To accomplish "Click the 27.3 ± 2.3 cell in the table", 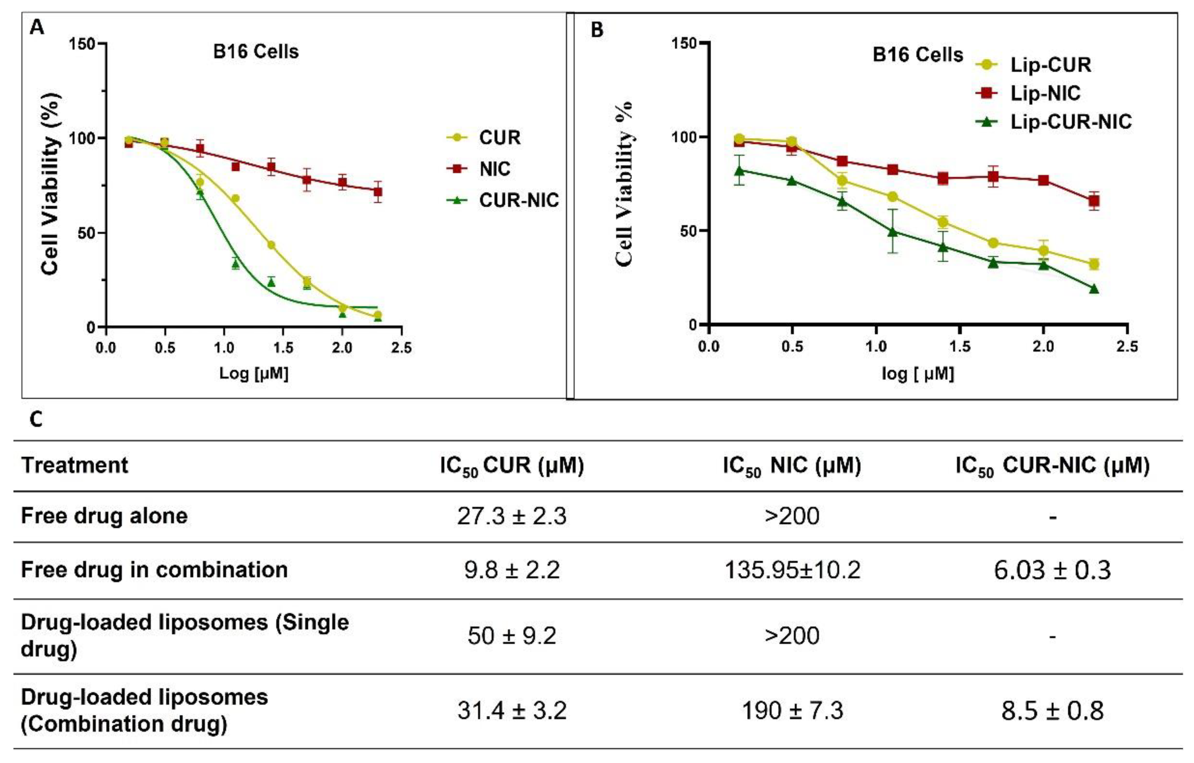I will tap(511, 516).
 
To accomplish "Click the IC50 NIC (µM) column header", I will tap(792, 466).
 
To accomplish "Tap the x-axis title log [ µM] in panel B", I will tap(917, 373).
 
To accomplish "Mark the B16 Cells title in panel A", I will tap(256, 52).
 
